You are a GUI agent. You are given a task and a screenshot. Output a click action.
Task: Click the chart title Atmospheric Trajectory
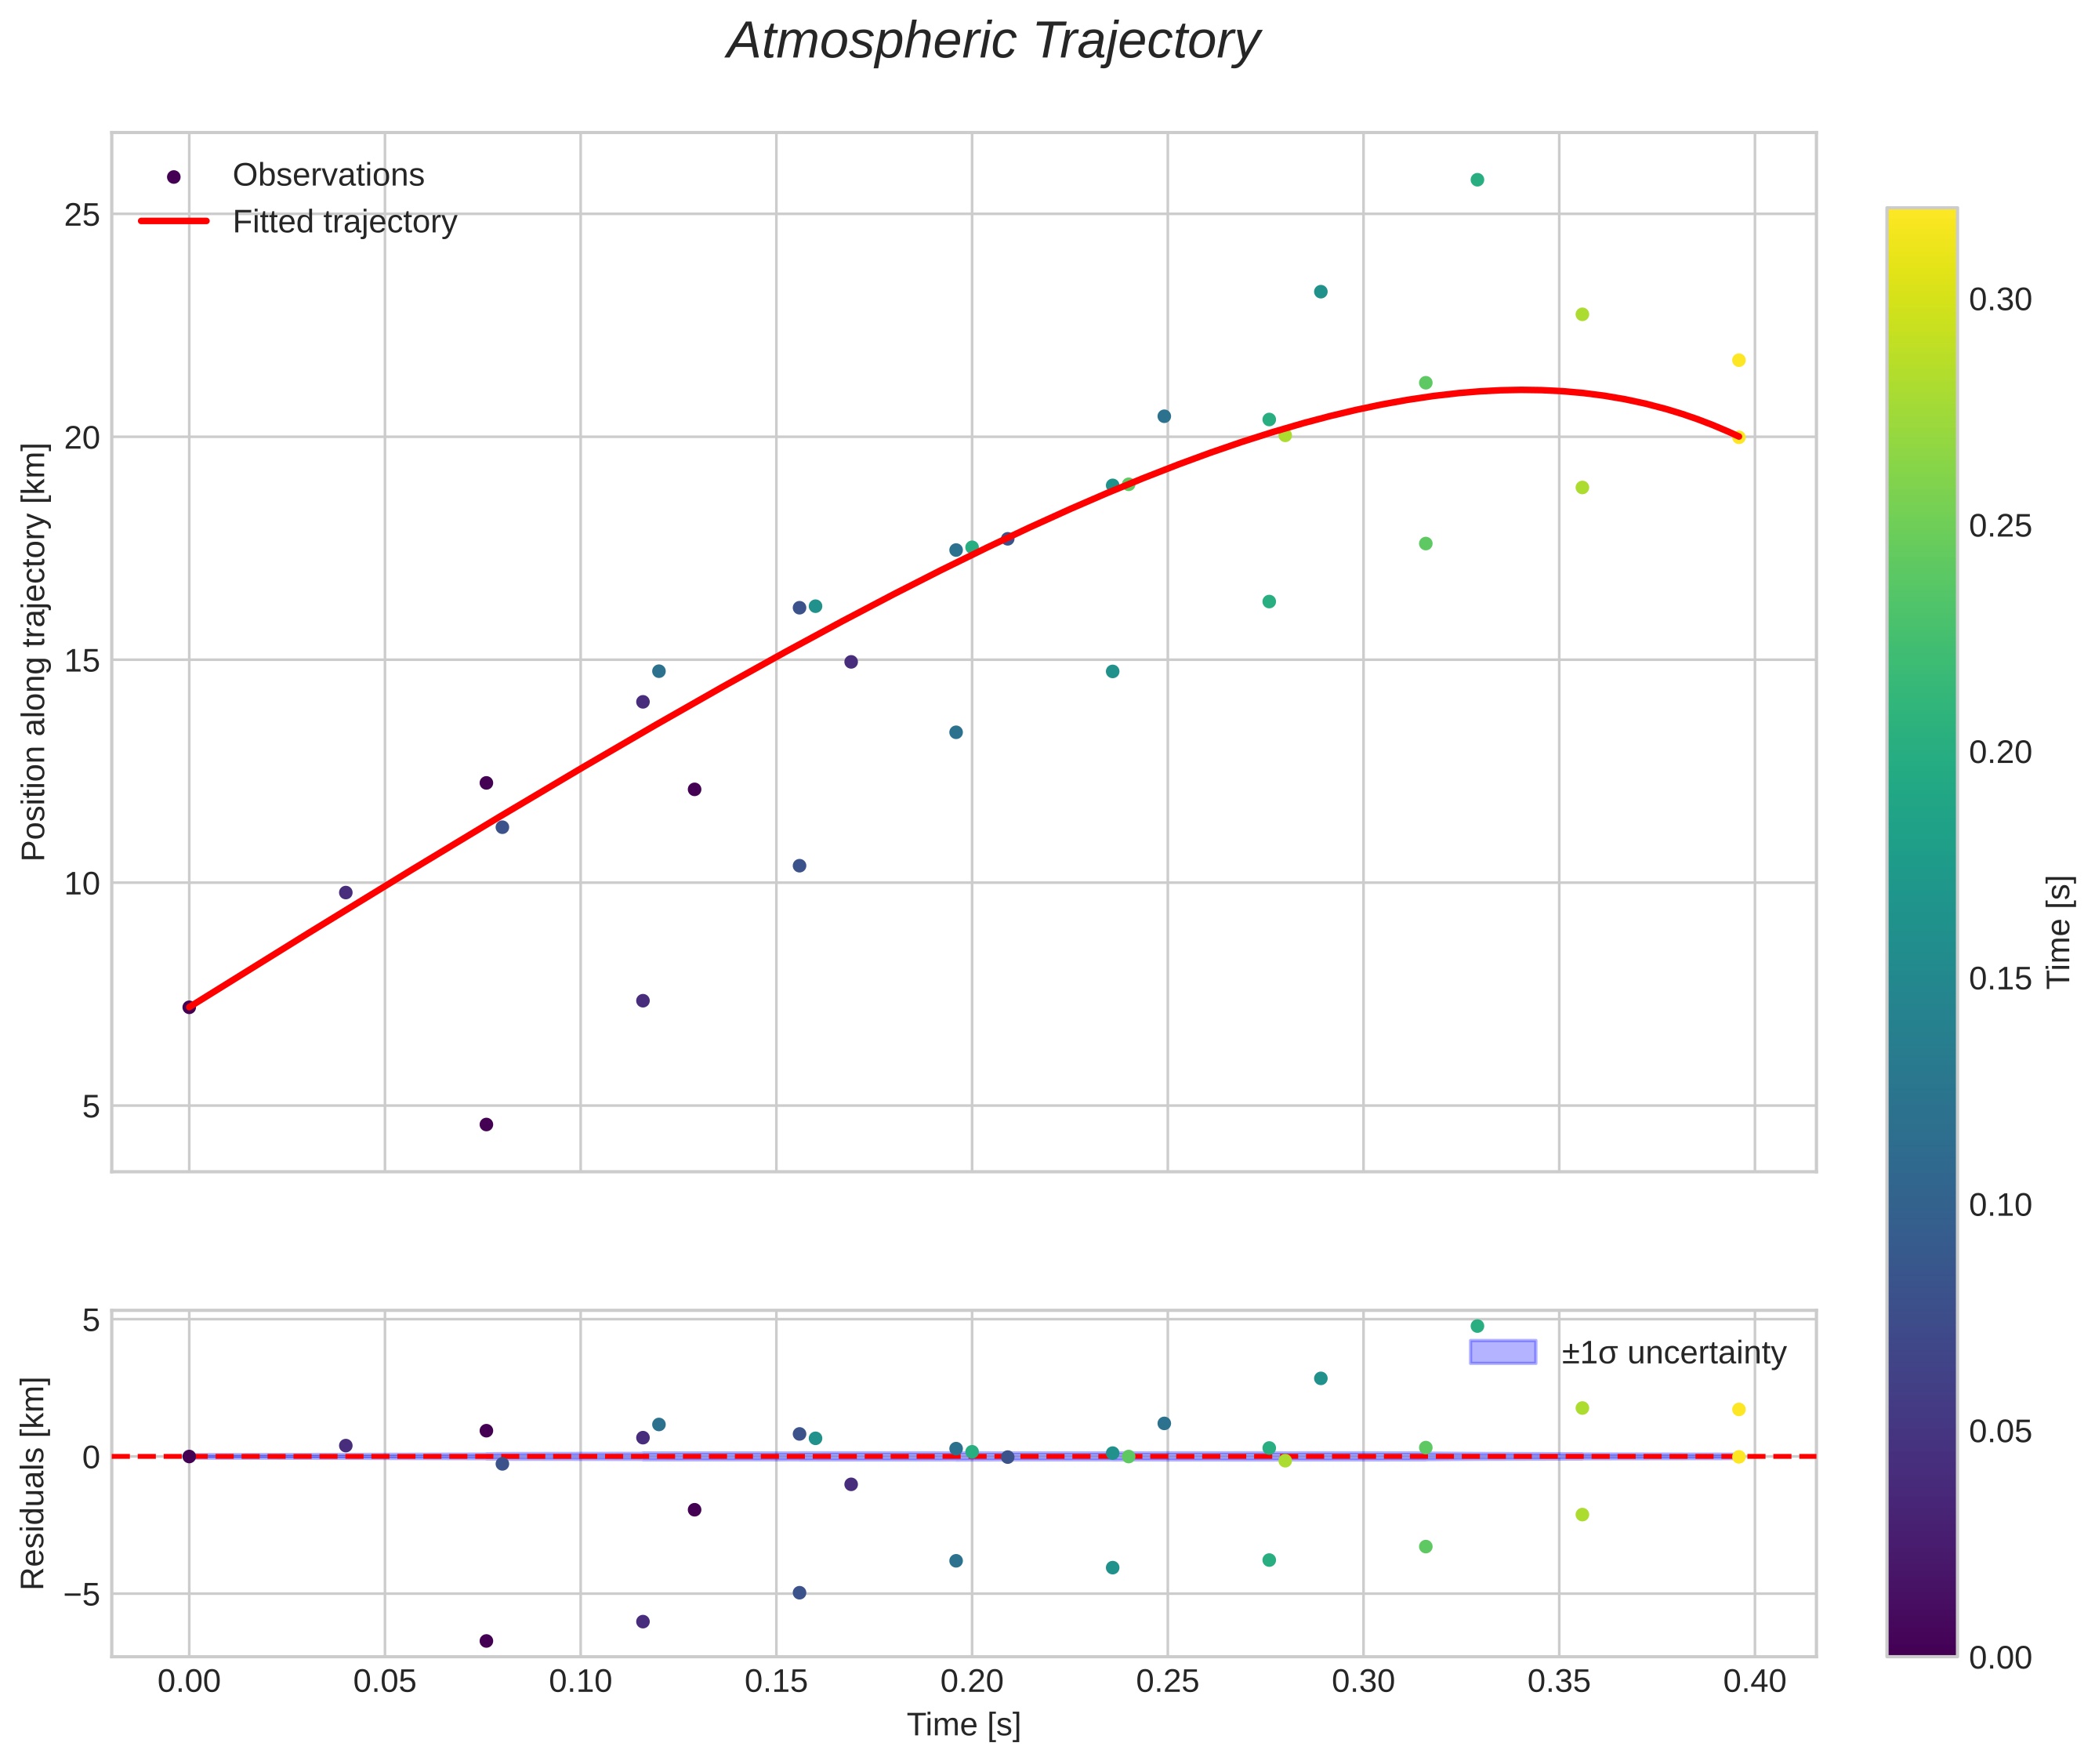(993, 42)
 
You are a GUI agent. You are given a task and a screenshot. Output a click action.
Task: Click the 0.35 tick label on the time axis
(1559, 1682)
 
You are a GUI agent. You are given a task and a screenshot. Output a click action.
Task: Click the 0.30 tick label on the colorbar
(2000, 300)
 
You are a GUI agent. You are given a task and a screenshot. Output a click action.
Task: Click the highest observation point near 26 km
(1477, 180)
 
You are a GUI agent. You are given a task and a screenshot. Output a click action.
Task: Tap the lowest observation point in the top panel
(486, 1125)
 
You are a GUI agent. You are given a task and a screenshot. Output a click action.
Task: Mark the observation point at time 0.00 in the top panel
(189, 1008)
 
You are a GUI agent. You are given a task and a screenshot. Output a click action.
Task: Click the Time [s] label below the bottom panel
(963, 1725)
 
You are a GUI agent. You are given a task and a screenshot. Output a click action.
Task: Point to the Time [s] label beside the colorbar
(2060, 932)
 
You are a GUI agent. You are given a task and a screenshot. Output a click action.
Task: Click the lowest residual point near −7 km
(486, 1641)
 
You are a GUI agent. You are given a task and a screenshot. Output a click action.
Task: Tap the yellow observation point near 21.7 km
(1738, 361)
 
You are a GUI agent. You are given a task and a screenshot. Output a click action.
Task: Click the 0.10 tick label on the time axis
(580, 1682)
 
